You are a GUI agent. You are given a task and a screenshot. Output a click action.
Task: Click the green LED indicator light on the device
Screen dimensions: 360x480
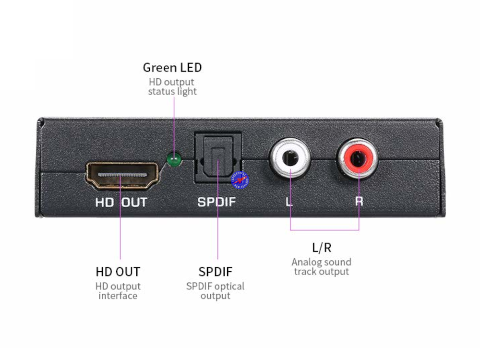(174, 159)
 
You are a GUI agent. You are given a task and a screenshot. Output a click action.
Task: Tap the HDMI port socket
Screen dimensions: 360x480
(122, 176)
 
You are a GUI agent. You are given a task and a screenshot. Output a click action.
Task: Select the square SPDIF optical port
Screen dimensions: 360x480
(217, 157)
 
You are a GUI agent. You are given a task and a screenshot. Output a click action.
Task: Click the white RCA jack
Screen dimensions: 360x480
(289, 159)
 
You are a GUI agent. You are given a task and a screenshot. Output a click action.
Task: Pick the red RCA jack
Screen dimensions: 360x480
(358, 159)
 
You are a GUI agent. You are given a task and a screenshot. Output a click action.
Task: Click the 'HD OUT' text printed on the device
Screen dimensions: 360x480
(121, 202)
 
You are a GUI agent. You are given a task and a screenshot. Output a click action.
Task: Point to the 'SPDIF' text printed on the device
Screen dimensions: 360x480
(217, 202)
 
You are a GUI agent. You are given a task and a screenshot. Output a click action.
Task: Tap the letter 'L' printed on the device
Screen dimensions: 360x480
(288, 202)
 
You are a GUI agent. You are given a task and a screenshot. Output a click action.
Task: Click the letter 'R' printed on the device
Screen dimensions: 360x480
(359, 202)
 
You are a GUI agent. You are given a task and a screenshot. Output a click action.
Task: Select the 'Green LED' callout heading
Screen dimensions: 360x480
(172, 68)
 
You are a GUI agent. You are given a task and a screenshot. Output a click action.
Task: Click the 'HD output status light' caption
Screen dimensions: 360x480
(172, 86)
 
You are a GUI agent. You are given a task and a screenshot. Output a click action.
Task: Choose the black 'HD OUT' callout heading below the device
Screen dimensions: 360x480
(118, 272)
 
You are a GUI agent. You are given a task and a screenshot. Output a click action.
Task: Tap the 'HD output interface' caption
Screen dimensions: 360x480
(118, 291)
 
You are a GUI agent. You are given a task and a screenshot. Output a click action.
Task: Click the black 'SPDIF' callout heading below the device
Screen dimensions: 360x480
(216, 272)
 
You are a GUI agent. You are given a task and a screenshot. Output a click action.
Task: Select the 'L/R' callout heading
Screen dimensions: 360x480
(322, 248)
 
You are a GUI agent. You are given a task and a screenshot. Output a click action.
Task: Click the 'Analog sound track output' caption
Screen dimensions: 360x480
(322, 266)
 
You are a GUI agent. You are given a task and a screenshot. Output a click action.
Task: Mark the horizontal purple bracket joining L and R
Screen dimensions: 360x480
(324, 230)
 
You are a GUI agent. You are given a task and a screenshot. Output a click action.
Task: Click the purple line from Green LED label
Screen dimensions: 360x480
(174, 125)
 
